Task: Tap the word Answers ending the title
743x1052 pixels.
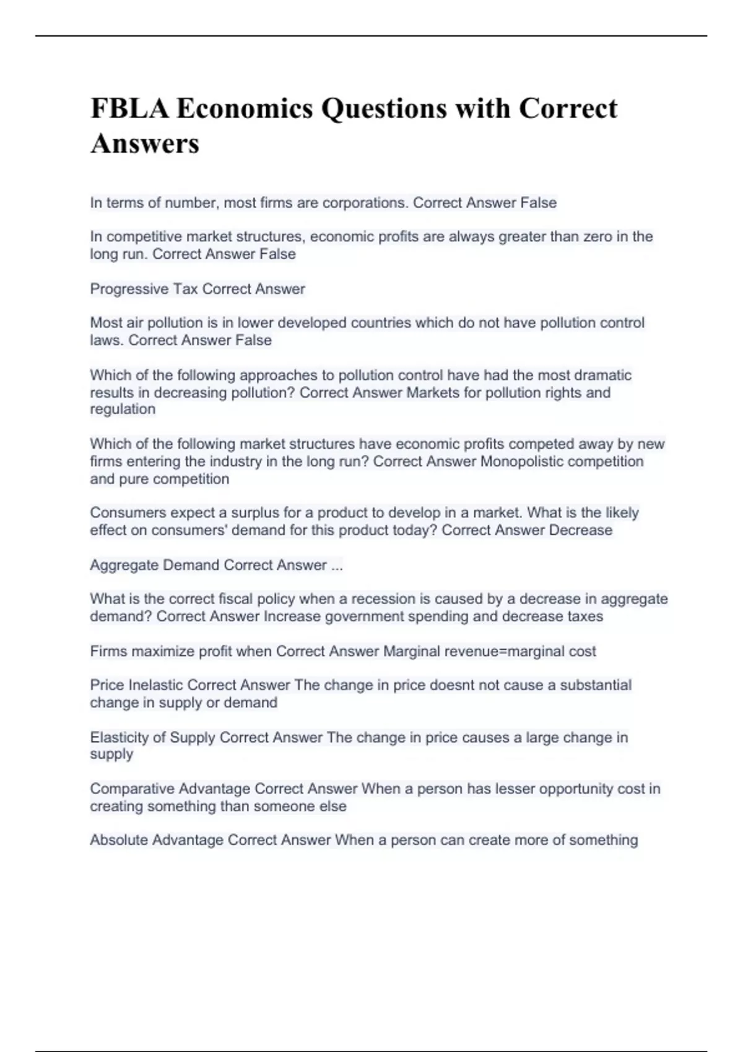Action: [x=145, y=144]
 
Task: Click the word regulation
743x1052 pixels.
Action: [x=123, y=409]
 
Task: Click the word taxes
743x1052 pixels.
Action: [x=585, y=616]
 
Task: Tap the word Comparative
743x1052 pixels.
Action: [x=132, y=789]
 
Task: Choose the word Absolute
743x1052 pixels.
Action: [x=118, y=840]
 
